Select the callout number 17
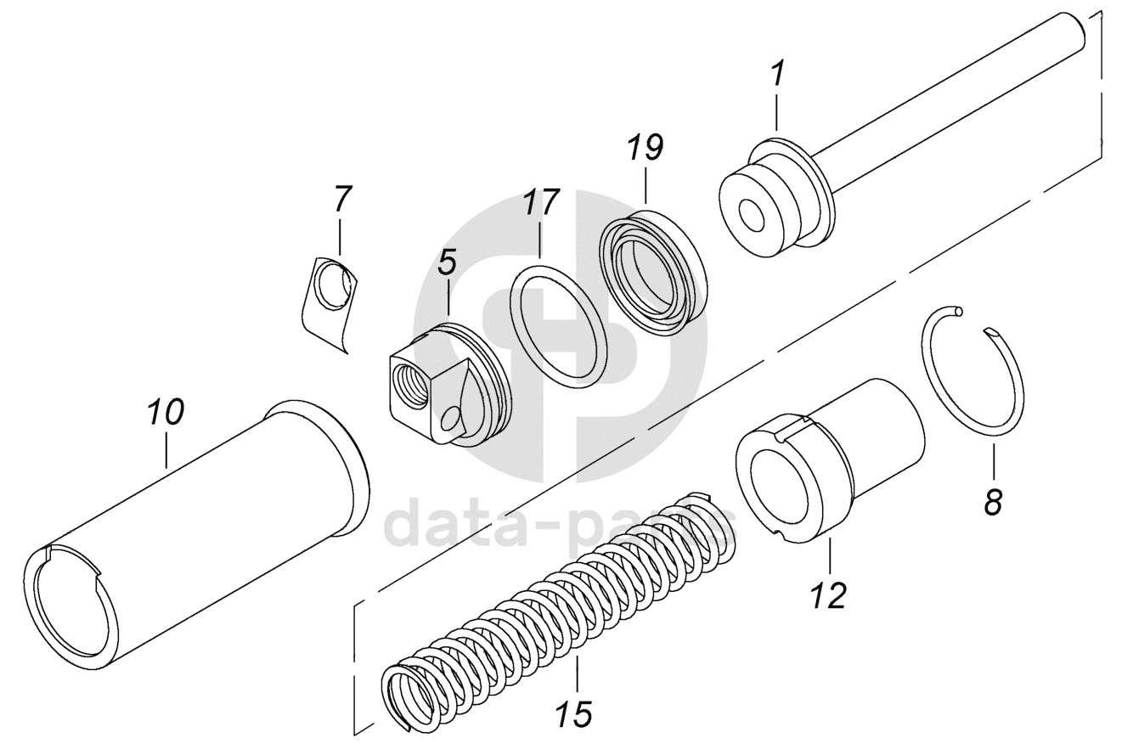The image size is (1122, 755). point(541,202)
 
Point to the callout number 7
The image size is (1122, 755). point(341,198)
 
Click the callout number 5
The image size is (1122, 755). point(448,262)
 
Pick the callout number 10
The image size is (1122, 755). point(166,414)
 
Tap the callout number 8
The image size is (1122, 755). point(993,502)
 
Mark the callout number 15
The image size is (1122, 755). point(576,713)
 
